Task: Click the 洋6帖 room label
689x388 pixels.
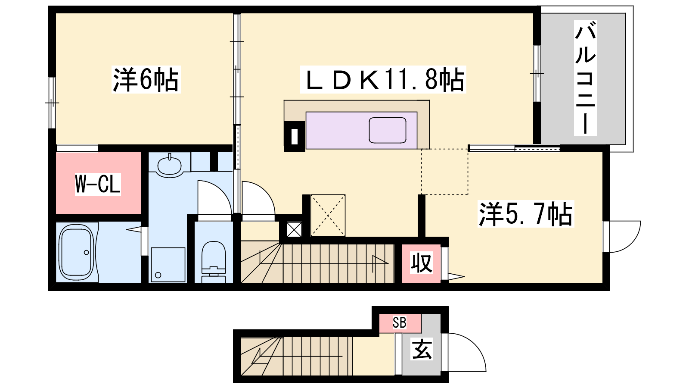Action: pos(146,79)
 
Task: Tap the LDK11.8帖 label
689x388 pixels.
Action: pos(383,79)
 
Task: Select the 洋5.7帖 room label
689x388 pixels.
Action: pos(526,214)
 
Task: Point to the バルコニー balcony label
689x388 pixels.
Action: pos(585,78)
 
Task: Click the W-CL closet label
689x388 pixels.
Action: pos(98,184)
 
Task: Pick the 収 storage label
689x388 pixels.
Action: pos(422,263)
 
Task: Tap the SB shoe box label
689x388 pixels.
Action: pos(399,323)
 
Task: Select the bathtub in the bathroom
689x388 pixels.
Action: pos(77,252)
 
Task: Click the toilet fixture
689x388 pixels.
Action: pos(214,261)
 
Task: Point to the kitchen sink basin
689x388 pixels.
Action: pos(388,130)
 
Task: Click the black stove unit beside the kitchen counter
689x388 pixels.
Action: pos(295,136)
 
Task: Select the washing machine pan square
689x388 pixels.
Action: pos(168,265)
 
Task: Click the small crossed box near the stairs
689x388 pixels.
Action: pos(294,229)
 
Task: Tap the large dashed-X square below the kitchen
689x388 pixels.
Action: pos(328,215)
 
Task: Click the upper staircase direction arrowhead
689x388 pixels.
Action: pos(380,260)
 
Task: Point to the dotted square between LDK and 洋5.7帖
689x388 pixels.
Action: pos(444,172)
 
